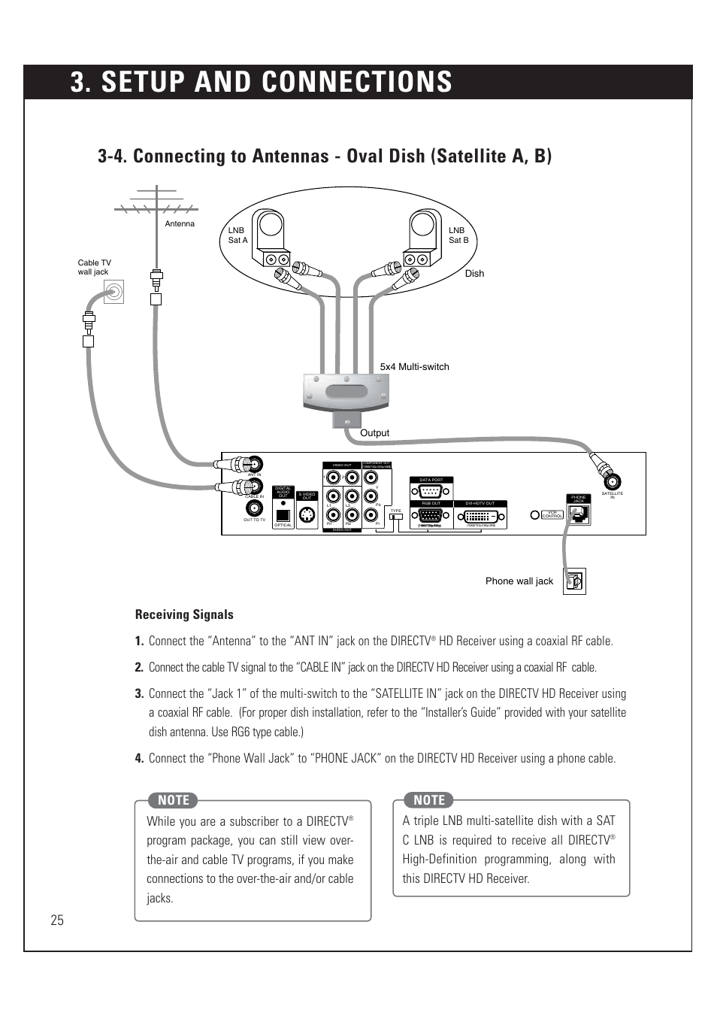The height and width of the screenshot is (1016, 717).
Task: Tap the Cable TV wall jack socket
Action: point(114,291)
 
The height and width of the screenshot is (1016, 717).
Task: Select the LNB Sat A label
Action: point(237,235)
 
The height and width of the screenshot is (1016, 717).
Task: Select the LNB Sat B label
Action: point(458,235)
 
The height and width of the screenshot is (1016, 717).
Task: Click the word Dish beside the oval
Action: point(474,274)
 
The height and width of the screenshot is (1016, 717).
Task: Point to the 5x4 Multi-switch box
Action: point(346,392)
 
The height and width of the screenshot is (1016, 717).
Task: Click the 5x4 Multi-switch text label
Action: point(414,367)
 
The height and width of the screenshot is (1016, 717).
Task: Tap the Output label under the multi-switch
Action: point(374,433)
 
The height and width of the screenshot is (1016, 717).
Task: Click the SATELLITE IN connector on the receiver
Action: point(613,482)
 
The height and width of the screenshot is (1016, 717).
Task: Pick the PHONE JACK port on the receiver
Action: point(579,515)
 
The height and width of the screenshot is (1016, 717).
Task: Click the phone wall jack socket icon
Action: point(575,581)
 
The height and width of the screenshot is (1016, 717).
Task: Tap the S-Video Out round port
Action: point(307,516)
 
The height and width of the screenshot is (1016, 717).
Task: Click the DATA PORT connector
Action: point(431,490)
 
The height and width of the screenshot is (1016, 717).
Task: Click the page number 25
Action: point(57,920)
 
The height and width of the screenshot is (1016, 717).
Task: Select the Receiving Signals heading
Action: point(184,614)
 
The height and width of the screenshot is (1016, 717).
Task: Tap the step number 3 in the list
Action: point(139,694)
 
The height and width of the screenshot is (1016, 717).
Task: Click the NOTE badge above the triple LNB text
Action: point(429,800)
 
